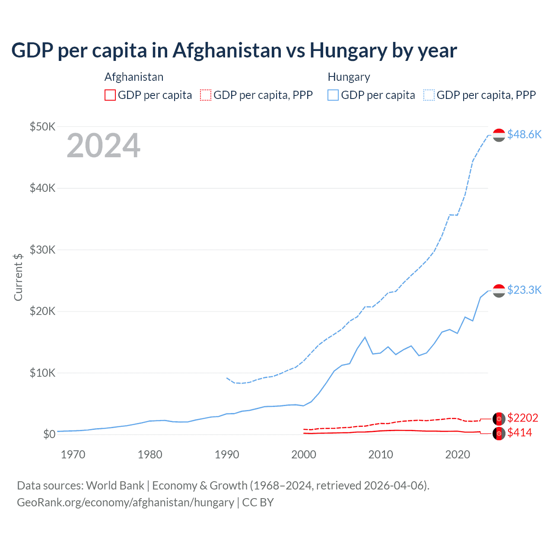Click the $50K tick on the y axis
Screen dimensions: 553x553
pyautogui.click(x=42, y=127)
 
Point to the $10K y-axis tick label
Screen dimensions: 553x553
pyautogui.click(x=42, y=373)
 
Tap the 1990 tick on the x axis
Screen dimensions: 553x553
pyautogui.click(x=227, y=454)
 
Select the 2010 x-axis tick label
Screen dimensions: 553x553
pyautogui.click(x=381, y=454)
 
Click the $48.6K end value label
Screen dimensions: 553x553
pyautogui.click(x=524, y=134)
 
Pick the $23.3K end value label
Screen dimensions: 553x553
pyautogui.click(x=524, y=289)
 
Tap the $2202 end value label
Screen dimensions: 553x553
pyautogui.click(x=522, y=418)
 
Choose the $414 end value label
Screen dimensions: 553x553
pyautogui.click(x=519, y=432)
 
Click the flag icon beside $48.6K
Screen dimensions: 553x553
pyautogui.click(x=499, y=135)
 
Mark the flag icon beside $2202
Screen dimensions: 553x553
pyautogui.click(x=499, y=418)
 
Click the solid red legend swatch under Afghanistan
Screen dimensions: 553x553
pyautogui.click(x=110, y=95)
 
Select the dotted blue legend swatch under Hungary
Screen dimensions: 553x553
pyautogui.click(x=429, y=95)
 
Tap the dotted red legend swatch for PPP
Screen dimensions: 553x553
pyautogui.click(x=206, y=95)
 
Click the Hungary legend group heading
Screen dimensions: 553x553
pyautogui.click(x=349, y=77)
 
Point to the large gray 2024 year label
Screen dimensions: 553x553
pyautogui.click(x=103, y=146)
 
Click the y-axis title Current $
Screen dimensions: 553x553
pyautogui.click(x=18, y=277)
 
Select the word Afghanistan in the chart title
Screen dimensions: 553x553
pyautogui.click(x=227, y=50)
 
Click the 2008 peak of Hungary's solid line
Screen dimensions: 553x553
pyautogui.click(x=365, y=337)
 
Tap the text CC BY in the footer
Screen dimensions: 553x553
pyautogui.click(x=257, y=502)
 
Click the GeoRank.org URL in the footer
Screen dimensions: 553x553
pyautogui.click(x=125, y=502)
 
